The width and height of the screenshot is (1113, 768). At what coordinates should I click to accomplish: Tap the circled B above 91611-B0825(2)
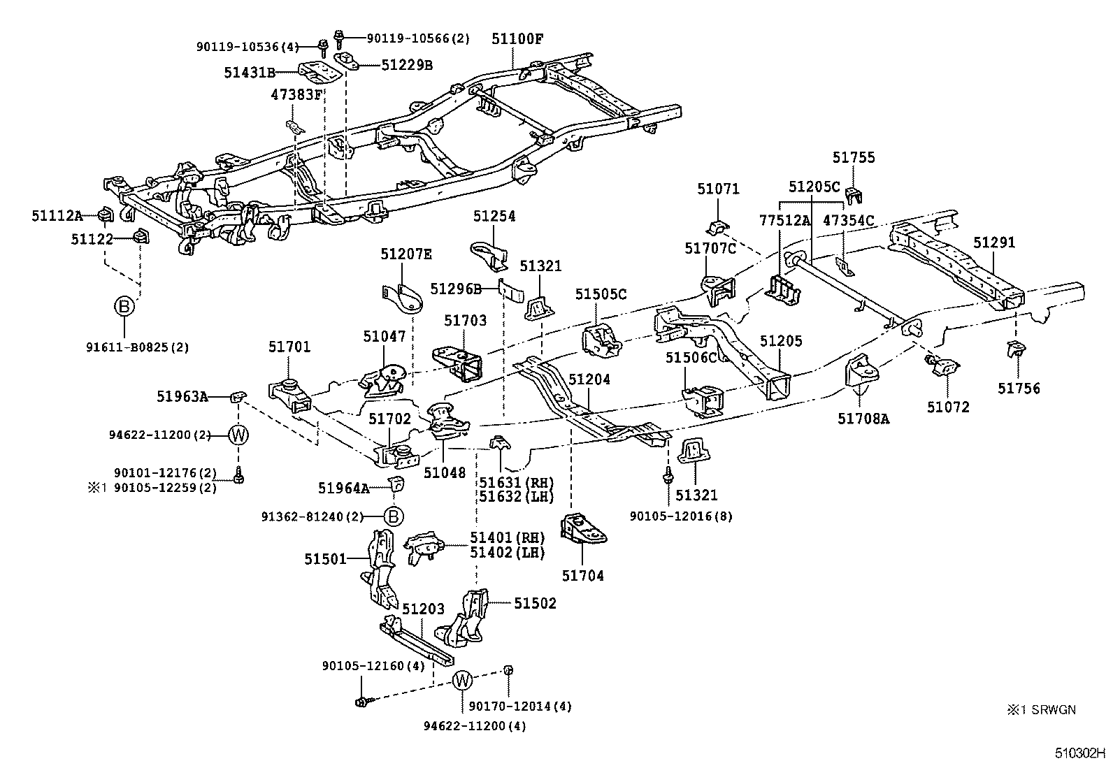124,306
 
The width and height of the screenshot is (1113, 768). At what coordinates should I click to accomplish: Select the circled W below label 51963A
238,435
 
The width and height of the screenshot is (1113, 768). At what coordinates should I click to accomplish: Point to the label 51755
854,158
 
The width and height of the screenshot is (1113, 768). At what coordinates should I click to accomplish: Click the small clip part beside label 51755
854,195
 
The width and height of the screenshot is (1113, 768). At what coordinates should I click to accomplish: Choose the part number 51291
994,242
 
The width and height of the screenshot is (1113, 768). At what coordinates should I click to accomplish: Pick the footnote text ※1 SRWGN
1041,710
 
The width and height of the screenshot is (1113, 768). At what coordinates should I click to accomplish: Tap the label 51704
582,576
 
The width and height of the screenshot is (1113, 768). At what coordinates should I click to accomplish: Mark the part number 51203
423,609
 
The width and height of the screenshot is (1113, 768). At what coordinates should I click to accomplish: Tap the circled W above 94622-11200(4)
462,679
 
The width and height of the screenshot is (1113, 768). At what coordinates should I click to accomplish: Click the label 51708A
863,419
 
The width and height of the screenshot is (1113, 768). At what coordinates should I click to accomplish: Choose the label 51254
494,216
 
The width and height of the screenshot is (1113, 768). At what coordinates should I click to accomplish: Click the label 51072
948,407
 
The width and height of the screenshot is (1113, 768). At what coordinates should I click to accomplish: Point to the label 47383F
296,94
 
